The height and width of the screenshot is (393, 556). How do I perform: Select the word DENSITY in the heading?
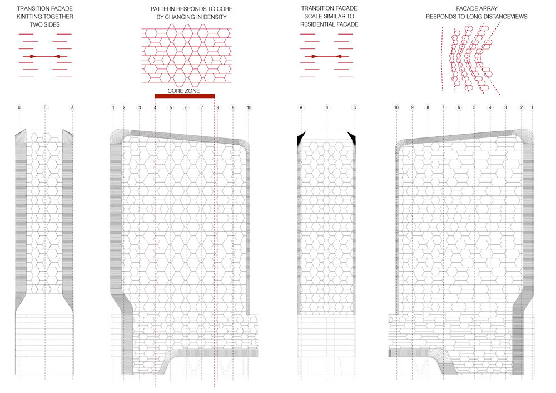pyautogui.click(x=215, y=17)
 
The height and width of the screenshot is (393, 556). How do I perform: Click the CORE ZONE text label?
pyautogui.click(x=183, y=91)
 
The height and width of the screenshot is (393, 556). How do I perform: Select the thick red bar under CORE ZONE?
pyautogui.click(x=185, y=96)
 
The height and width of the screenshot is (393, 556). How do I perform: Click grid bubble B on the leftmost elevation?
pyautogui.click(x=45, y=107)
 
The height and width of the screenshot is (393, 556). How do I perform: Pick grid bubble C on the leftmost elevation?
pyautogui.click(x=19, y=107)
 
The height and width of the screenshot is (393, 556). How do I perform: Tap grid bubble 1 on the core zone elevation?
pyautogui.click(x=113, y=107)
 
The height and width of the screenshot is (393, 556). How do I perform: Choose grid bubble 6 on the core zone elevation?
pyautogui.click(x=186, y=107)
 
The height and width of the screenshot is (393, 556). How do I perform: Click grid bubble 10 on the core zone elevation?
pyautogui.click(x=249, y=107)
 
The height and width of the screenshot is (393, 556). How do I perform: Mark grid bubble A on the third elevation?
pyautogui.click(x=301, y=107)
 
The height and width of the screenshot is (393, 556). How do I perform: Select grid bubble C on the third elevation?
pyautogui.click(x=354, y=107)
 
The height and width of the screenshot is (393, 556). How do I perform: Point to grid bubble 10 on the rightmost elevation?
pyautogui.click(x=396, y=107)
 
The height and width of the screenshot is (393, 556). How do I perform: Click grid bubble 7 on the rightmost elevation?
pyautogui.click(x=443, y=107)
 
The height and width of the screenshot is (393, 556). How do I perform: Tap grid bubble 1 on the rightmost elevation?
pyautogui.click(x=532, y=107)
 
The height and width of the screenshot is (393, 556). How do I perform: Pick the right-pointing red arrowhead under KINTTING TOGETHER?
pyautogui.click(x=33, y=56)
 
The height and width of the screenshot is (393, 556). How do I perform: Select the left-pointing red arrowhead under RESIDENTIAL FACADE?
pyautogui.click(x=338, y=56)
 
